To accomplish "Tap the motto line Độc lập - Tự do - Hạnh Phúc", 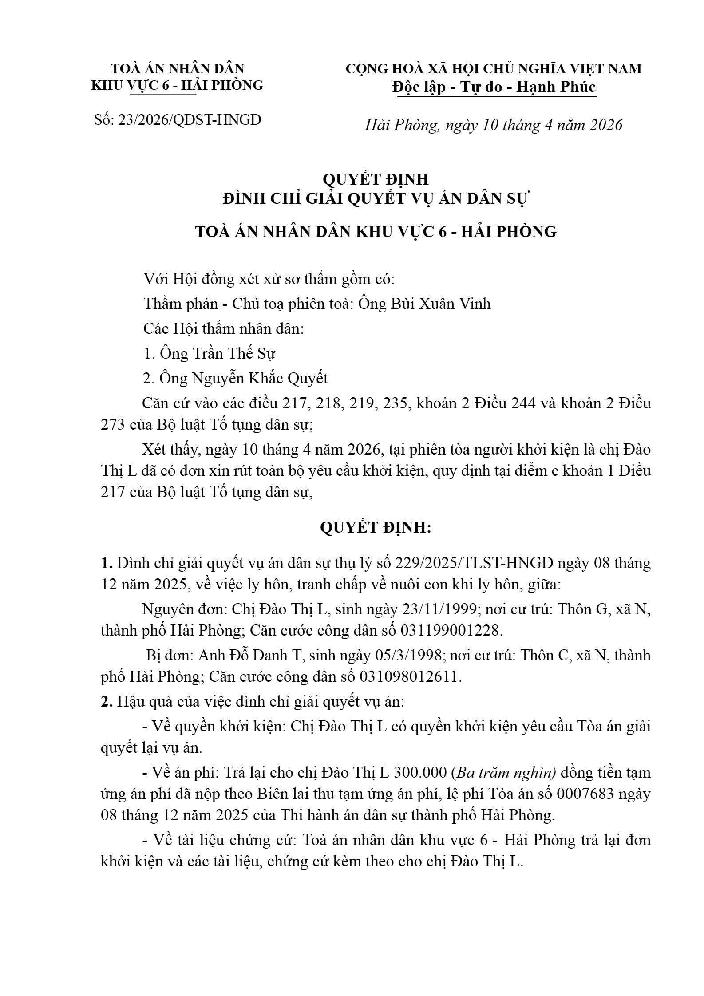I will pyautogui.click(x=494, y=87).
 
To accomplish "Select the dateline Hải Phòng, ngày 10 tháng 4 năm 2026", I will pyautogui.click(x=494, y=125).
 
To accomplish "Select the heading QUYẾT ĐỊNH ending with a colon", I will pyautogui.click(x=376, y=528).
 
